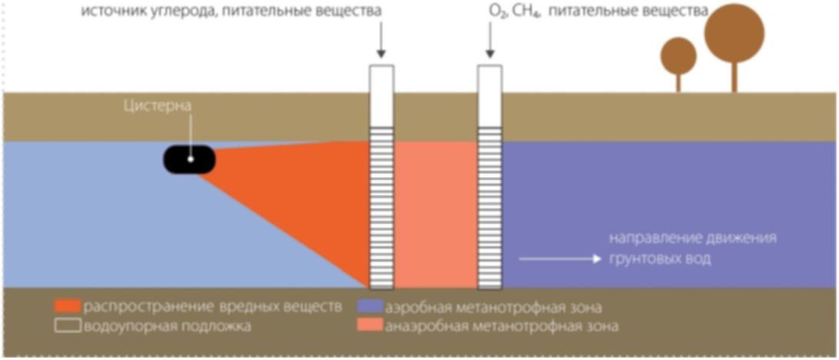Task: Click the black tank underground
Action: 189,159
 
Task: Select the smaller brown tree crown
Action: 678,55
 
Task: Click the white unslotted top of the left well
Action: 381,95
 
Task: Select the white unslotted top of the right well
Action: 490,95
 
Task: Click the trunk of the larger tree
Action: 734,77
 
